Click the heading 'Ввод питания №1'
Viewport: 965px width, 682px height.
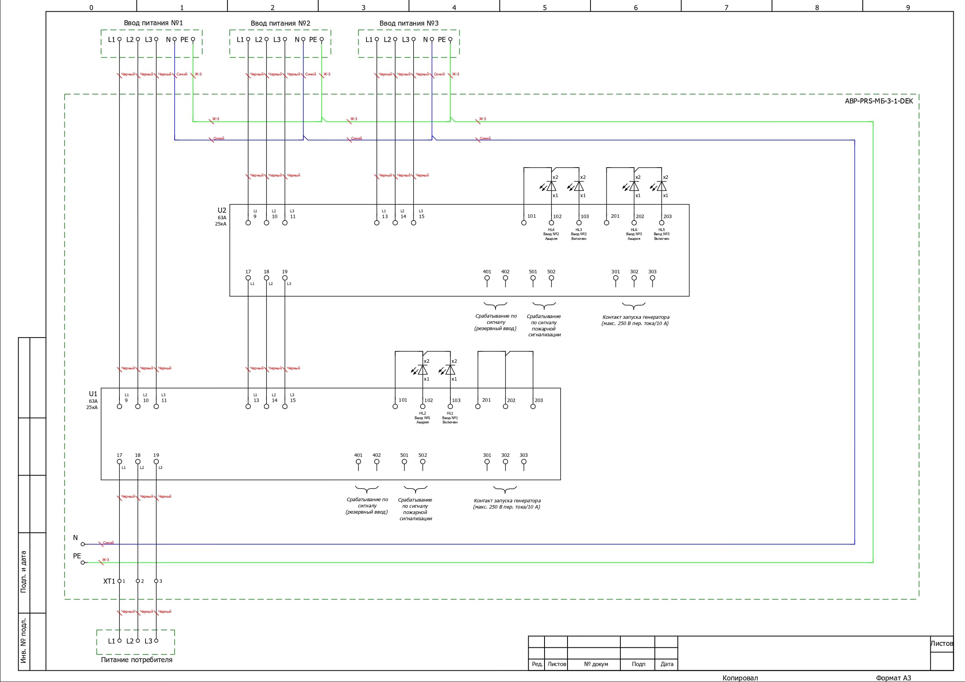click(x=153, y=23)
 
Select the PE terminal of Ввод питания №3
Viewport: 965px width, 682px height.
click(x=450, y=40)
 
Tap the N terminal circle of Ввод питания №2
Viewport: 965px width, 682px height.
click(x=303, y=40)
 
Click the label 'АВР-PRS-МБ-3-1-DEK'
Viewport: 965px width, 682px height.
click(x=879, y=101)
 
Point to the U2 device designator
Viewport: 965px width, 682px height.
click(x=221, y=210)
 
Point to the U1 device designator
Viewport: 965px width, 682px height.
click(x=93, y=394)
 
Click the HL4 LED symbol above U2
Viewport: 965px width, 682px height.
click(x=551, y=186)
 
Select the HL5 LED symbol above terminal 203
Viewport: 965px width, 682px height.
click(x=661, y=186)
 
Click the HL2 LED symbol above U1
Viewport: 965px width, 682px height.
click(x=422, y=370)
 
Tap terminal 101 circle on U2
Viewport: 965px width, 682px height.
click(x=524, y=223)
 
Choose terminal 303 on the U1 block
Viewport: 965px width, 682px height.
click(x=524, y=462)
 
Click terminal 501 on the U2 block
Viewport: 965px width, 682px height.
click(x=533, y=278)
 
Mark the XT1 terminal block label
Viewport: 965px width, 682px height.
click(x=109, y=581)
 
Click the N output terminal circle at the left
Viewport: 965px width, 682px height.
click(x=83, y=544)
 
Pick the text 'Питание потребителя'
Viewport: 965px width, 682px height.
click(x=137, y=660)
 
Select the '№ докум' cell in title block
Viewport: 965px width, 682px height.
click(x=595, y=664)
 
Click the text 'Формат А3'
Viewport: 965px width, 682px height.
click(x=893, y=678)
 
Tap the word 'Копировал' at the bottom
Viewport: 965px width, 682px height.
click(x=740, y=678)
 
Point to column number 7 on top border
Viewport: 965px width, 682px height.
click(x=726, y=7)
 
